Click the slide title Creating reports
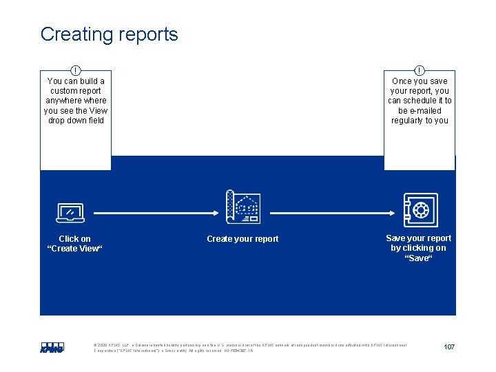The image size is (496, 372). pos(109,34)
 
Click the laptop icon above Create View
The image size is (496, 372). pos(70,213)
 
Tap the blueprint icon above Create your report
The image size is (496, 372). pos(243,207)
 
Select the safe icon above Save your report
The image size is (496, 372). pos(420,210)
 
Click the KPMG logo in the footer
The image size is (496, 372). pos(52,348)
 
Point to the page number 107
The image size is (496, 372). pos(448,347)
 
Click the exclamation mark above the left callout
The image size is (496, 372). pos(76,70)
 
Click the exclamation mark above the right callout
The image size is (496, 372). pos(420,70)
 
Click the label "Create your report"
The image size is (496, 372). pos(242,239)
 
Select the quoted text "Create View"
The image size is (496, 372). pos(74,249)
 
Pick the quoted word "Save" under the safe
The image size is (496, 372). pos(418,258)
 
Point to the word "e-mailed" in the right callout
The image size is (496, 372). pos(426,110)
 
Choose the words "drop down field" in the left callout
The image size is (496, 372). pos(76,121)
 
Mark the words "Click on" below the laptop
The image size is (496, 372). pos(74,239)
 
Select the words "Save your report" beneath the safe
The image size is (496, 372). pos(418,238)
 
